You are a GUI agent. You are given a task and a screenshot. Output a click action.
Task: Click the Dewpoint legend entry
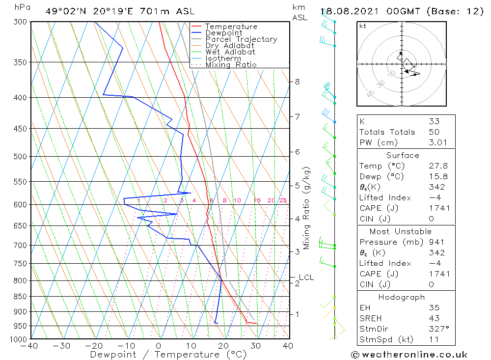[223, 33]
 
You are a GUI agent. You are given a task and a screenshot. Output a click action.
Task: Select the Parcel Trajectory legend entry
[241, 39]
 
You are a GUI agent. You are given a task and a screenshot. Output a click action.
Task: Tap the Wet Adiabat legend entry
[230, 52]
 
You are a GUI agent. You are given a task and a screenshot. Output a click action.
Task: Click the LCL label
[306, 277]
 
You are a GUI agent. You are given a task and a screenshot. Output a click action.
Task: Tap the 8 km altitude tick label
[298, 82]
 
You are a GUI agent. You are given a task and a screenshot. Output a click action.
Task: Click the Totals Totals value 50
[434, 132]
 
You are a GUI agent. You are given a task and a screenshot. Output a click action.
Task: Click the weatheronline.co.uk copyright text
[409, 355]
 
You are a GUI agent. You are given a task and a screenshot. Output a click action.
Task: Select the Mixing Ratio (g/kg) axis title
[306, 208]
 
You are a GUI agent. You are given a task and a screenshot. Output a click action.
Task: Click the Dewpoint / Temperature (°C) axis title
[168, 355]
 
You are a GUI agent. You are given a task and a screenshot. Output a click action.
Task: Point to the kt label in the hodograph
[363, 26]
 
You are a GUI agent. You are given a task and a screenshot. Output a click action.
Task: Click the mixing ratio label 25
[283, 200]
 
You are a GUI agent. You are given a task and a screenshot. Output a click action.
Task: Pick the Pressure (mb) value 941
[436, 242]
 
